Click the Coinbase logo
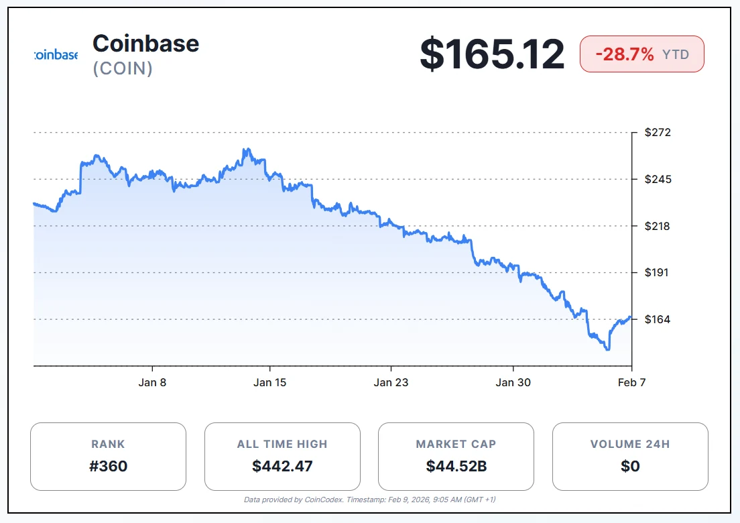coord(56,55)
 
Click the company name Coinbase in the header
coord(145,44)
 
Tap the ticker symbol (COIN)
coord(123,68)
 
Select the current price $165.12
coord(492,54)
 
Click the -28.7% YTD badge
coord(641,54)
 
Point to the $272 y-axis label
coord(658,133)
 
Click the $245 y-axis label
coord(658,179)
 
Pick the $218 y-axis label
coord(658,226)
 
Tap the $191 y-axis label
coord(658,273)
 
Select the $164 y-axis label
coord(658,319)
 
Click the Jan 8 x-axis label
coord(152,382)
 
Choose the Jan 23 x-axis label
coord(391,382)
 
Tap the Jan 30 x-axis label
coord(513,382)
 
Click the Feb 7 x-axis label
coord(631,382)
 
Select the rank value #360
coord(108,466)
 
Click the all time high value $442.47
coord(282,466)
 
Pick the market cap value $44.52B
coord(456,466)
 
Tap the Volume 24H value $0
coord(630,466)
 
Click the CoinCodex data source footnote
coord(370,500)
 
